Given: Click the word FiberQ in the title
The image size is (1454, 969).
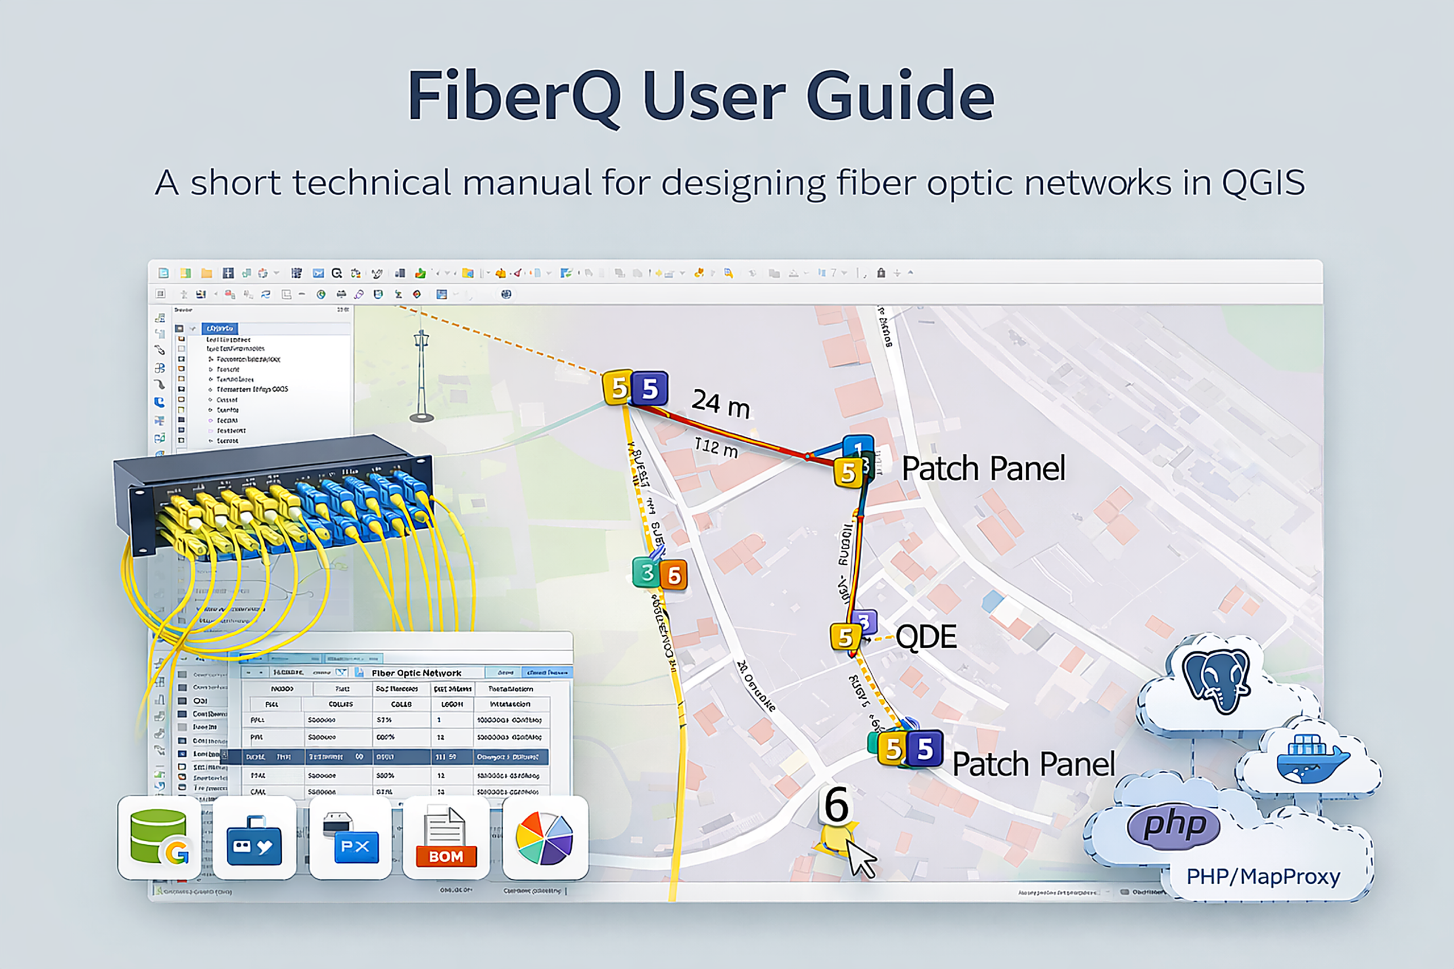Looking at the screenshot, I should [513, 97].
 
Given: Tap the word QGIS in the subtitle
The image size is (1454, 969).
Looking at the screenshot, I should [1263, 183].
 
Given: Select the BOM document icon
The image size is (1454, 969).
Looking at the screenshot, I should [446, 837].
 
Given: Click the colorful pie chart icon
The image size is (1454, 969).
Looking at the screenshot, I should [545, 838].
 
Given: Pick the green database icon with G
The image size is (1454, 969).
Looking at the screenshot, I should [160, 837].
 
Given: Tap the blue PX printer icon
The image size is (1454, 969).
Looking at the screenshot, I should [350, 837].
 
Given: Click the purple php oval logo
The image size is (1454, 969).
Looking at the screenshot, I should [1173, 825].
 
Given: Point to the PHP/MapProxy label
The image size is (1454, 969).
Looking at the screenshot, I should [1263, 876].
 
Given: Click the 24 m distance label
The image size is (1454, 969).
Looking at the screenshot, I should [720, 404].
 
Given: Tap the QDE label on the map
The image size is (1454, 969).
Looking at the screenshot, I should [925, 636].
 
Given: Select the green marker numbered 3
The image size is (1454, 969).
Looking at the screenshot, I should [646, 573].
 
